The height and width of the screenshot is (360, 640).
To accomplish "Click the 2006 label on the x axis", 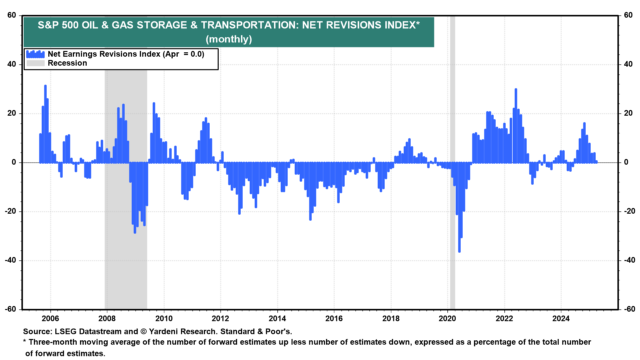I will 50,318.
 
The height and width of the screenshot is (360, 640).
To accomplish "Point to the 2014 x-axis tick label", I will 277,318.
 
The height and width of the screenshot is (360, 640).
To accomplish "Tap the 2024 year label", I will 561,318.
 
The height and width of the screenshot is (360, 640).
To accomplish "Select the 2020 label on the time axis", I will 447,318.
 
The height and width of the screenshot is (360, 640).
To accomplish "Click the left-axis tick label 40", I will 12,64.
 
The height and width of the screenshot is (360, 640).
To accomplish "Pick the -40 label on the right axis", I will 628,260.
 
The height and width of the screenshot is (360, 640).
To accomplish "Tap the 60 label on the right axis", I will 628,15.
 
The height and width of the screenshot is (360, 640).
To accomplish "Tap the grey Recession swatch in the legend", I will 35,63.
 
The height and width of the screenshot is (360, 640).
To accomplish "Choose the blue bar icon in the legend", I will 35,54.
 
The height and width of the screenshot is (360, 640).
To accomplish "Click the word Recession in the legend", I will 67,63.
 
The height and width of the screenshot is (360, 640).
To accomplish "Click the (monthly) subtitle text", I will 229,39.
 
